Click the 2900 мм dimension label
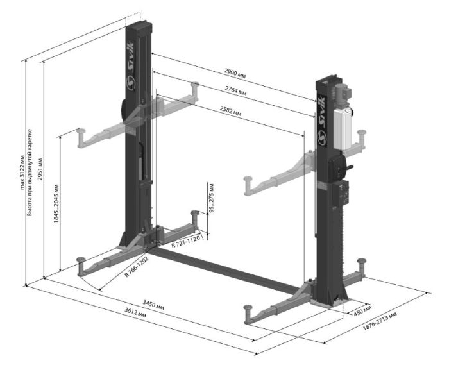pos(235,73)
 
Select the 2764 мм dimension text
pos(235,91)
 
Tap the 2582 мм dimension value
pos(230,111)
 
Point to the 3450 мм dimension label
pos(153,305)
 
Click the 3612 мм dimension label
pos(135,312)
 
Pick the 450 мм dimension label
pos(362,310)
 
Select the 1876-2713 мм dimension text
pos(380,321)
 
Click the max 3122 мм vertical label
pos(22,173)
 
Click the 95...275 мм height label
pos(211,198)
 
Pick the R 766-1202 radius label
pos(137,267)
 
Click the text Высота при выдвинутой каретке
pos(30,173)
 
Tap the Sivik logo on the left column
pos(131,66)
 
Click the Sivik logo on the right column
pos(322,120)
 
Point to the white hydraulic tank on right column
pos(343,128)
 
